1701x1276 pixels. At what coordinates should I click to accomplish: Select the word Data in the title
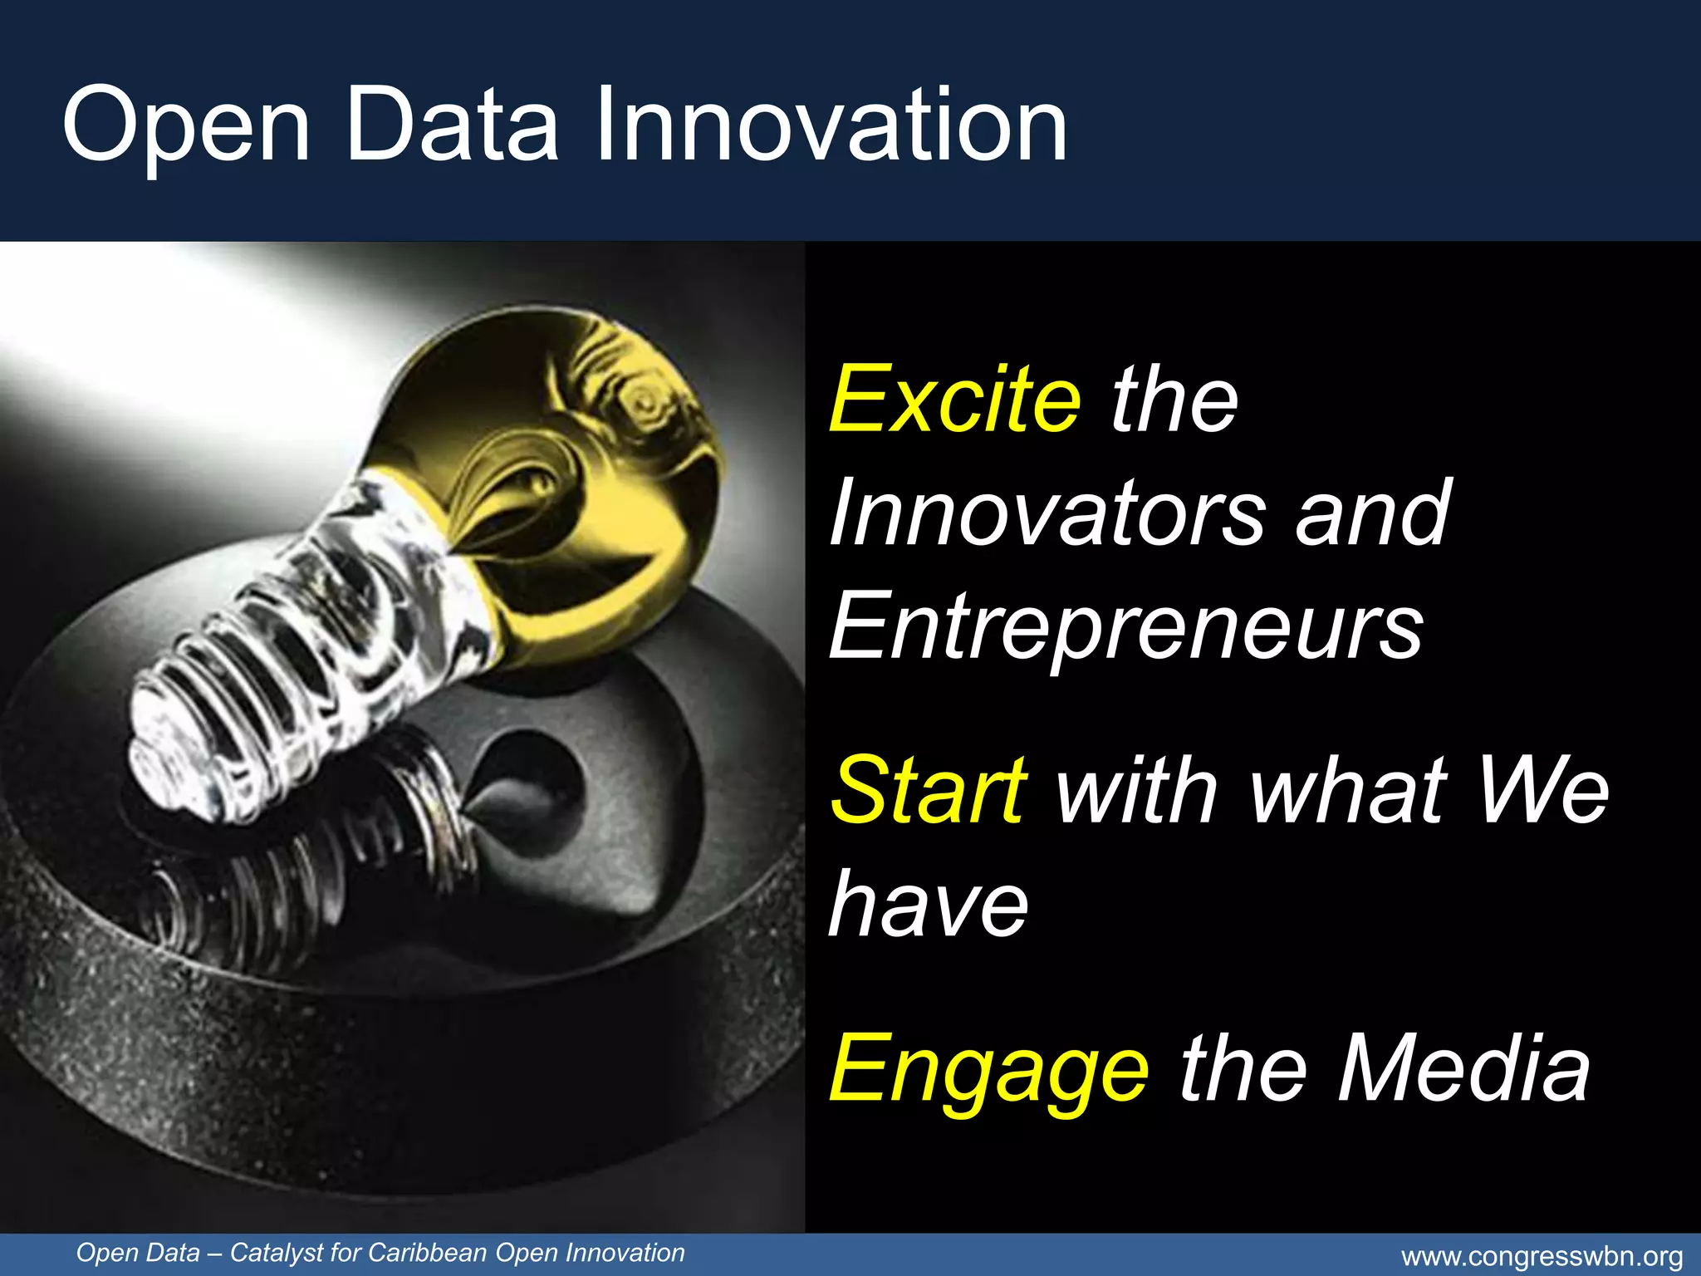[452, 125]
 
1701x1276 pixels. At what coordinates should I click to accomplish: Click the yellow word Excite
[955, 400]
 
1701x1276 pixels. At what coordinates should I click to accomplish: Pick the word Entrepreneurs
[1126, 626]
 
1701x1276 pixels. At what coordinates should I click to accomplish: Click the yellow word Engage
[988, 1070]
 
